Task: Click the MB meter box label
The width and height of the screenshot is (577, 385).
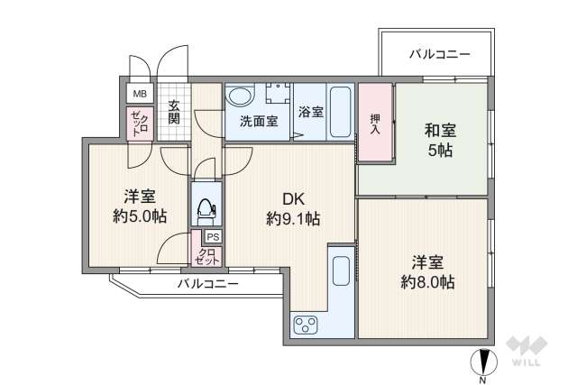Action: (140, 94)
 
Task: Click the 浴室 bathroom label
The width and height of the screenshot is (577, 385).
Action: (311, 114)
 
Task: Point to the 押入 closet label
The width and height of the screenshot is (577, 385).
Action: (375, 123)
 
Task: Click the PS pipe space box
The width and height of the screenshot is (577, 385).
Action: (211, 237)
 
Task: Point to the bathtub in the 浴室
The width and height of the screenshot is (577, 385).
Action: (341, 110)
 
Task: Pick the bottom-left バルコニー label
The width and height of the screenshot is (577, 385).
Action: (207, 285)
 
